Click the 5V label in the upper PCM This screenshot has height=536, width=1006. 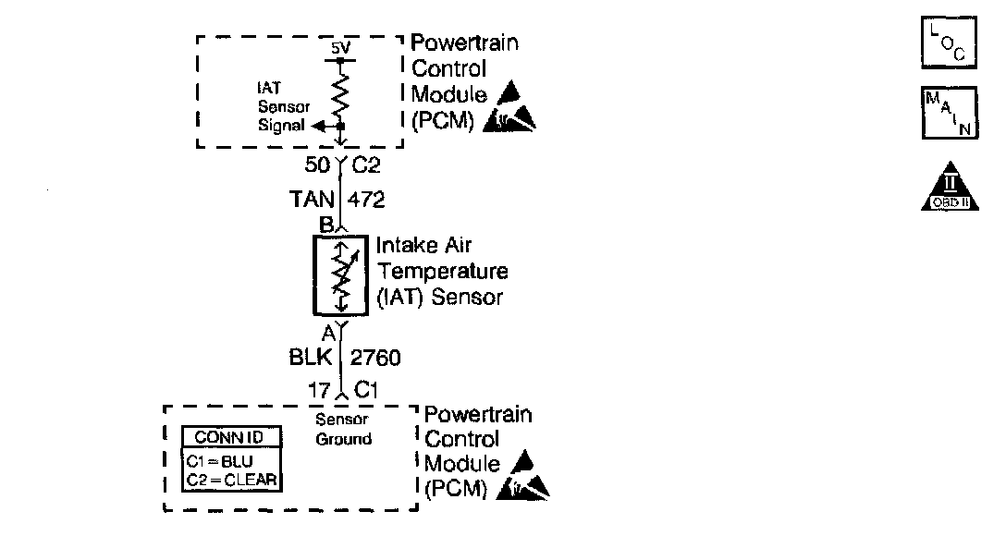(341, 46)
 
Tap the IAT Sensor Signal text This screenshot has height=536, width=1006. (283, 107)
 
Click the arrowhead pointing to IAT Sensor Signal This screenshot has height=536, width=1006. (318, 126)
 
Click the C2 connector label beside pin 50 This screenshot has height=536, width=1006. (366, 166)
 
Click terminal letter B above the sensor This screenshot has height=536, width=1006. (325, 224)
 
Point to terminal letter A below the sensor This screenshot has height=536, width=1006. (327, 333)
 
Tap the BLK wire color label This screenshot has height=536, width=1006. (315, 358)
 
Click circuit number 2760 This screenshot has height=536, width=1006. (375, 358)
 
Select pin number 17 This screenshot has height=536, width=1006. (319, 391)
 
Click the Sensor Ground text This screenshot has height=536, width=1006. (343, 430)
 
